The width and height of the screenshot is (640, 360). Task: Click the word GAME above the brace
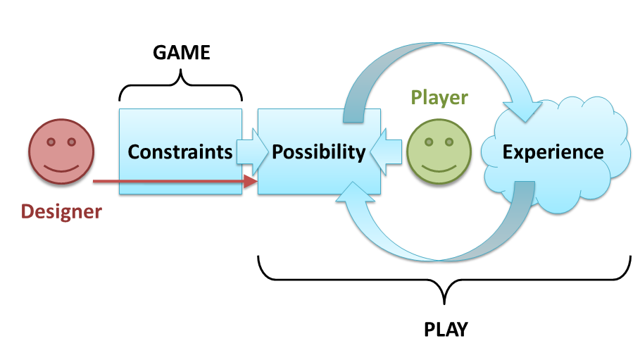182,53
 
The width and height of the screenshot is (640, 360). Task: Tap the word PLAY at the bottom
446,328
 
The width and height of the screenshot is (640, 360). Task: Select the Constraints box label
180,151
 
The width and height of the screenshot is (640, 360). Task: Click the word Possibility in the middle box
319,151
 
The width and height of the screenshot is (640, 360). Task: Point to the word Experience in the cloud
553,151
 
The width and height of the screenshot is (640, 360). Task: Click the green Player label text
439,97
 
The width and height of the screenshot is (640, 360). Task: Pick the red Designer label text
61,211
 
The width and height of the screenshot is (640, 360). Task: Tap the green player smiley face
439,154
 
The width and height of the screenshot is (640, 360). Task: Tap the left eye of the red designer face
51,141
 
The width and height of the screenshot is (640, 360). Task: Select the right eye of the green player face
449,142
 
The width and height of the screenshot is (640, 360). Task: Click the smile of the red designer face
62,166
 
